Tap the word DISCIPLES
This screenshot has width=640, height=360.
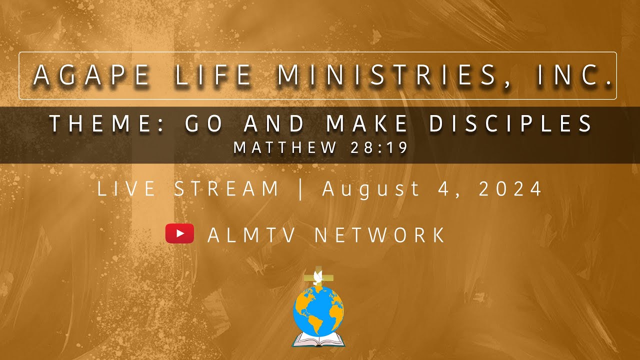511,124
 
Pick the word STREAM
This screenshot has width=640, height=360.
226,189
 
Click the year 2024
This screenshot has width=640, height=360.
510,189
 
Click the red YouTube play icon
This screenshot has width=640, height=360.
179,233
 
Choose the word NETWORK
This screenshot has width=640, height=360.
380,235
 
